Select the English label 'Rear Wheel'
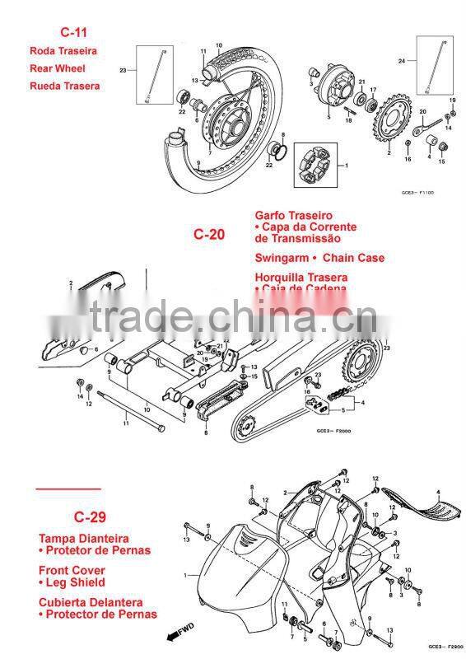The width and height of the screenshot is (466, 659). point(58,68)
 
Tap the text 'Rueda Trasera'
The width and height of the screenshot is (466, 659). point(64,86)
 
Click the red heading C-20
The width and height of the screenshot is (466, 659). point(208,234)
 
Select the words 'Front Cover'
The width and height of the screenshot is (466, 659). point(72,570)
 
